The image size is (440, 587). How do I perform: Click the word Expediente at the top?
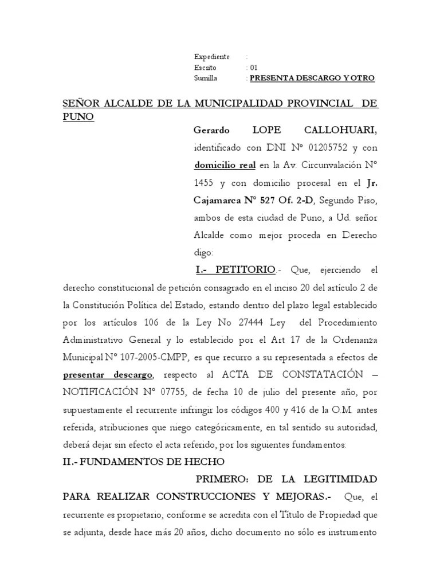click(212, 57)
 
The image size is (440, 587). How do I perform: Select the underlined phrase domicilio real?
click(225, 166)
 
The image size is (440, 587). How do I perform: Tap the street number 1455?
click(205, 183)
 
